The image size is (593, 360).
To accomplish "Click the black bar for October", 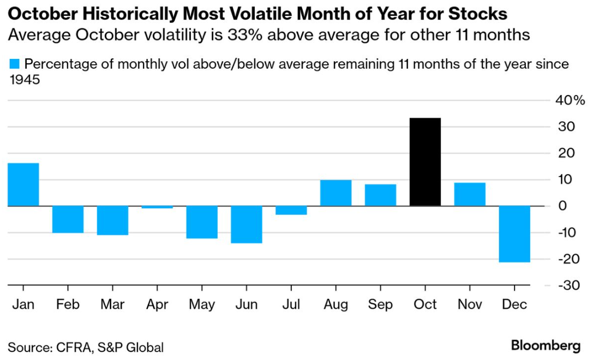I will (425, 162).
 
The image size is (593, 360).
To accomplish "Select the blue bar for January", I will (23, 184).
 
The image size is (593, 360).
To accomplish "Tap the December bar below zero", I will (514, 234).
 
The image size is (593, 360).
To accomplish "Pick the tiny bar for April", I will (157, 207).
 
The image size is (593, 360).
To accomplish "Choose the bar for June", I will (247, 224).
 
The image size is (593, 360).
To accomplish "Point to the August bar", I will (336, 193).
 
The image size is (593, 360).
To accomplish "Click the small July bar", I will (291, 210).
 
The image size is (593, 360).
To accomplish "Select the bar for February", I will (68, 219).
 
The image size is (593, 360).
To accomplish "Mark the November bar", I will (470, 194).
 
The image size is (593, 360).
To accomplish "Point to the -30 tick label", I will (568, 285).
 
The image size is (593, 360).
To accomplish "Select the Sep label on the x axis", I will (380, 304).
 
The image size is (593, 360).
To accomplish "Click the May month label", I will (202, 304).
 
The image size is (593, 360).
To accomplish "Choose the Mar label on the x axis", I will (112, 304).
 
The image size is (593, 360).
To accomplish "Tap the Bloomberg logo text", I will (546, 345).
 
